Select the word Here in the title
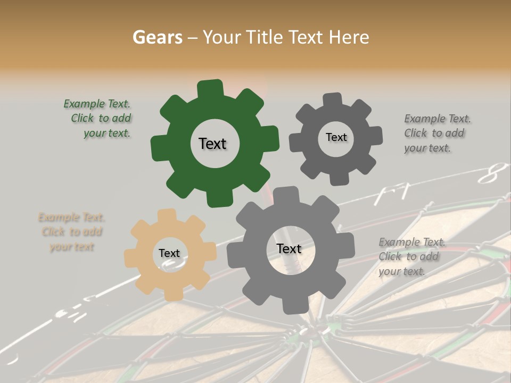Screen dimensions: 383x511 click(x=349, y=37)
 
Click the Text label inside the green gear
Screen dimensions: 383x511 click(x=212, y=144)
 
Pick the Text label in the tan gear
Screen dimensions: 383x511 click(x=169, y=253)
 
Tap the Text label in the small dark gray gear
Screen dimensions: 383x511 click(x=336, y=137)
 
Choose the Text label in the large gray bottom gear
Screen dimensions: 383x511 click(x=289, y=248)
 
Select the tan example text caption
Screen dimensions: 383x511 click(x=71, y=232)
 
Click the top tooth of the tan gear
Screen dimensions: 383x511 click(x=168, y=215)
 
